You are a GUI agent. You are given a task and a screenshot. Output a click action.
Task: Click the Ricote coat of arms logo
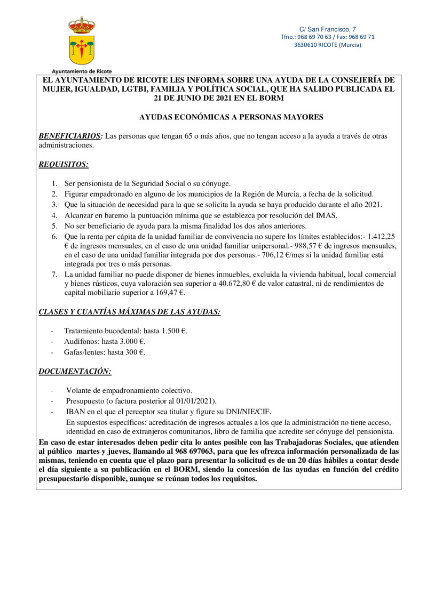click(82, 40)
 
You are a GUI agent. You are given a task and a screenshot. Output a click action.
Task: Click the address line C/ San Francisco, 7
click(327, 29)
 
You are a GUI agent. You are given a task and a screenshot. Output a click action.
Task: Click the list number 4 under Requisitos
click(54, 215)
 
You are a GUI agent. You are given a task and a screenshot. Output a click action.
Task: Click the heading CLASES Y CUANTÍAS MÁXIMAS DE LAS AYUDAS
click(130, 312)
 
